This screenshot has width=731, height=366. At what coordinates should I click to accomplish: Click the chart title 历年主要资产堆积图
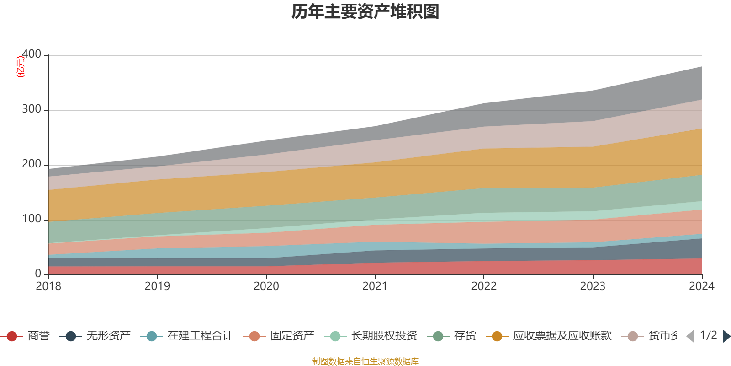click(x=365, y=12)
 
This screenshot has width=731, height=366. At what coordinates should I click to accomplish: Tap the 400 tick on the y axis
click(x=32, y=54)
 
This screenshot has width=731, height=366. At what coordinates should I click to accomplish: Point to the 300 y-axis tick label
click(x=32, y=109)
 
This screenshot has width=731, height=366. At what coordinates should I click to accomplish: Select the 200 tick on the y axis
click(x=32, y=164)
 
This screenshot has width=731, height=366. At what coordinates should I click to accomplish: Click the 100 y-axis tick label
click(x=32, y=219)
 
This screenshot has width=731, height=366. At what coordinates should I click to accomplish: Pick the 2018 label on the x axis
click(x=48, y=286)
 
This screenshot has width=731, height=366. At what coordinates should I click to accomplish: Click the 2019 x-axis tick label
click(x=157, y=286)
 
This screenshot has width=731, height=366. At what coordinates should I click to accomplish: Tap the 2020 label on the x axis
click(x=266, y=286)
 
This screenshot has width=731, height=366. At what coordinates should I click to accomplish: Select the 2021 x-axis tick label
click(x=375, y=286)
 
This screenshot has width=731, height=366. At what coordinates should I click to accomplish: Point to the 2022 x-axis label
click(x=484, y=286)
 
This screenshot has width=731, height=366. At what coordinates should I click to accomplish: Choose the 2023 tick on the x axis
click(x=593, y=286)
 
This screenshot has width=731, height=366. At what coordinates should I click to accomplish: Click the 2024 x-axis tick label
click(x=701, y=286)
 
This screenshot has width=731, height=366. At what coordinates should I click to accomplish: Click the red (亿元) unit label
click(x=21, y=67)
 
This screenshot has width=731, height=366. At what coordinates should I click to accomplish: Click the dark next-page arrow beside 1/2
click(x=726, y=336)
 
